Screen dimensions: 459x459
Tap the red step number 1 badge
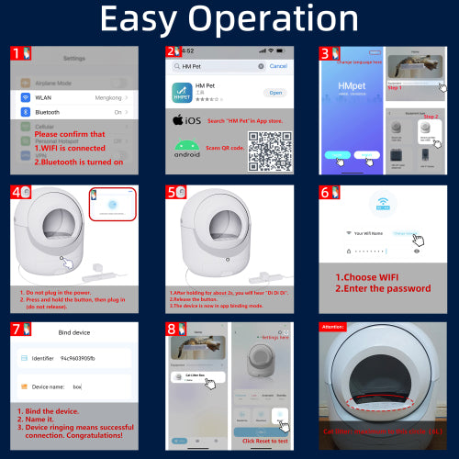pos(17,53)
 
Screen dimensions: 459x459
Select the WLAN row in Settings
pos(73,96)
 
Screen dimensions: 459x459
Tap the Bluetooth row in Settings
pos(73,112)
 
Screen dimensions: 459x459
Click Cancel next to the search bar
pos(277,66)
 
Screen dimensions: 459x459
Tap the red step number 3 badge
pos(326,53)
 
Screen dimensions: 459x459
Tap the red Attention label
pos(332,326)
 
